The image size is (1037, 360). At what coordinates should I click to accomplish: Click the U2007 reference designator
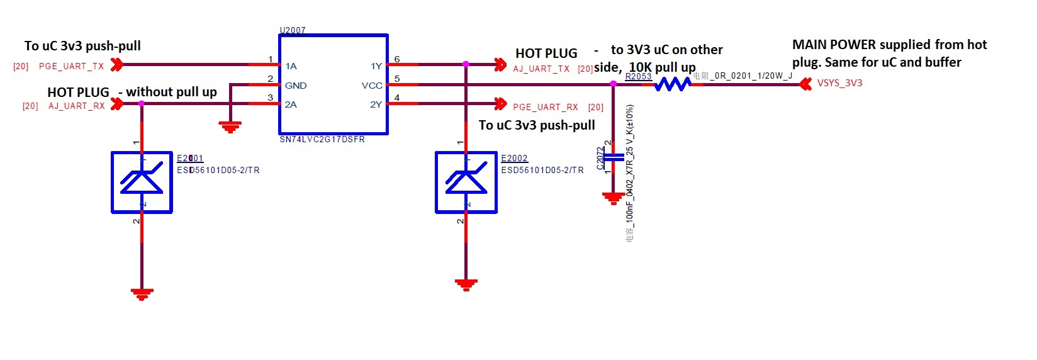(293, 30)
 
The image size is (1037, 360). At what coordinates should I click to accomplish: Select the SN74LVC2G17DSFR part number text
(322, 140)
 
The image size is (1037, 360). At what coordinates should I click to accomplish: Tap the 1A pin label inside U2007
(291, 66)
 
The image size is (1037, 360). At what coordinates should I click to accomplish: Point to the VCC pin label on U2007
(372, 86)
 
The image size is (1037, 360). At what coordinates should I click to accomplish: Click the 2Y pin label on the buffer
(376, 104)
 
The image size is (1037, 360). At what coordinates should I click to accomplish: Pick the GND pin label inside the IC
(296, 86)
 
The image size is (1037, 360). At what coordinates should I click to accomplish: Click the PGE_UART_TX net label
(71, 66)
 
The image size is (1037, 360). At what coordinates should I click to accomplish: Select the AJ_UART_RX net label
(76, 106)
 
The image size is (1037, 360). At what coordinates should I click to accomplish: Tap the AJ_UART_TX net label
(541, 69)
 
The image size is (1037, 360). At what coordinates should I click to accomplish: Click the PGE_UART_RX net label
(545, 107)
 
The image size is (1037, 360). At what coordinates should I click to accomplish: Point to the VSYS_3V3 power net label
(839, 83)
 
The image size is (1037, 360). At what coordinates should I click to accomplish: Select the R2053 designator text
(638, 76)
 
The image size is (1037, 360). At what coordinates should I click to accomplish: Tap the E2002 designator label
(514, 158)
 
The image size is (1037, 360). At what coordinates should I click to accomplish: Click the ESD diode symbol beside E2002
(466, 182)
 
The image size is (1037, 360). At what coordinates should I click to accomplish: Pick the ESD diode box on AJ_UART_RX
(142, 182)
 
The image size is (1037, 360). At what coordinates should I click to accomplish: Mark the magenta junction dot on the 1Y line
(466, 64)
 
